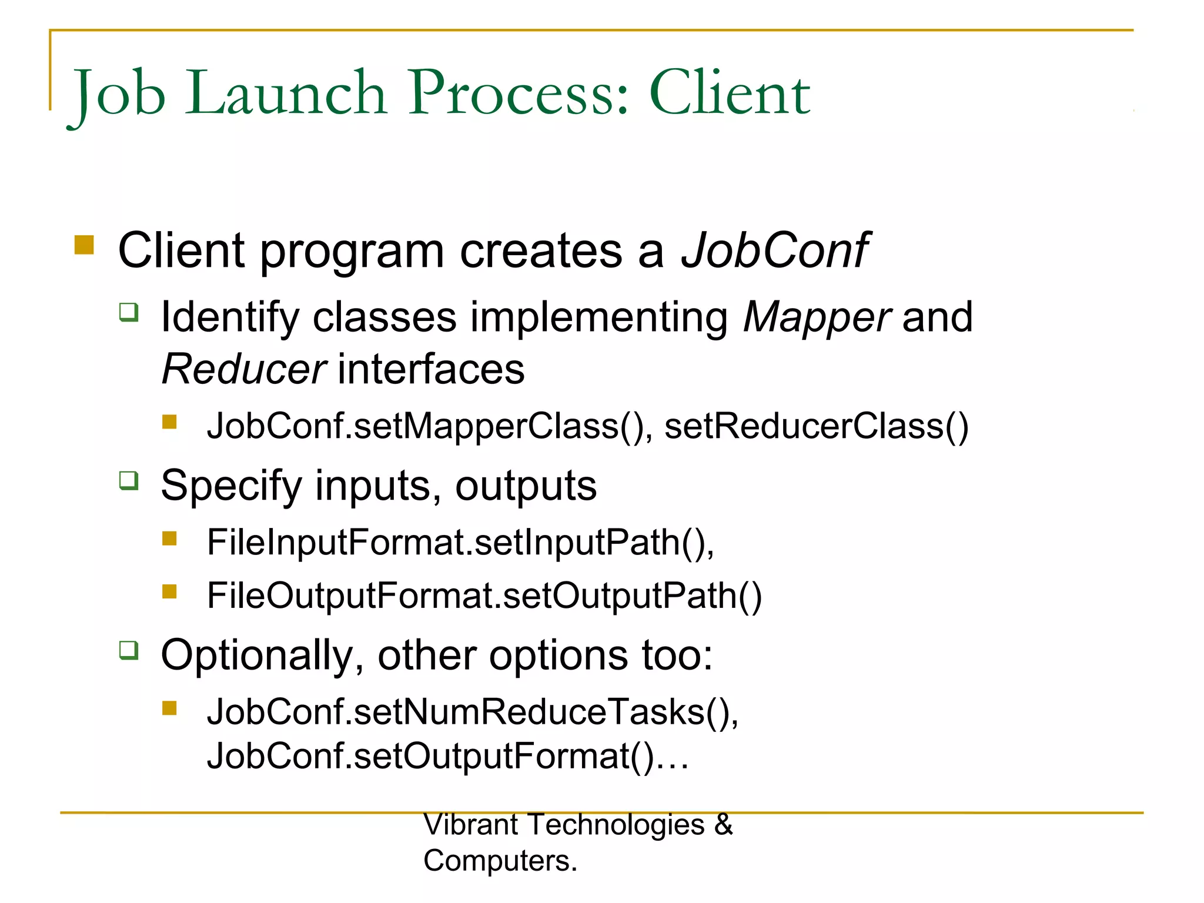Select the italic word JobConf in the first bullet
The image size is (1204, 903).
coord(774,251)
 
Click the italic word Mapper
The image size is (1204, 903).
coord(817,317)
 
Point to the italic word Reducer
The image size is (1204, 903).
coord(243,370)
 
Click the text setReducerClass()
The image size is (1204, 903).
coord(816,426)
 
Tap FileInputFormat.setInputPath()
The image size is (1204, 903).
coord(460,542)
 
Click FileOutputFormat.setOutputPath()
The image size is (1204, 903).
coord(484,596)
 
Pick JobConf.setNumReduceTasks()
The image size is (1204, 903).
coord(472,712)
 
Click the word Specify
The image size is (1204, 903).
coord(231,486)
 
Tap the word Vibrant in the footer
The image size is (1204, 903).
coord(470,824)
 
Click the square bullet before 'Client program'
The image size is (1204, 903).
coord(84,245)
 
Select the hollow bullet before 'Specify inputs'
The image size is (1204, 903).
coord(129,480)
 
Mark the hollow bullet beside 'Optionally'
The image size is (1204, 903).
coord(129,650)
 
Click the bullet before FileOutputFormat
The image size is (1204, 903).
coord(170,591)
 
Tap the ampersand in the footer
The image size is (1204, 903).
coord(724,824)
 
